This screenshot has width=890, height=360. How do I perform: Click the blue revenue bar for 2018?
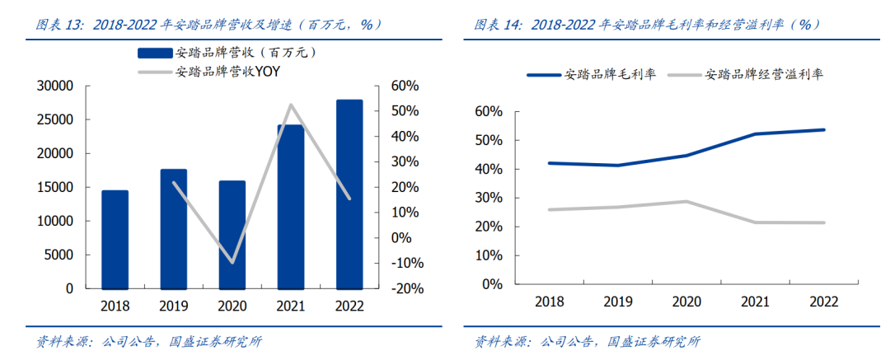click(x=115, y=240)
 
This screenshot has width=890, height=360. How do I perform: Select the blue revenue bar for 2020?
click(x=232, y=235)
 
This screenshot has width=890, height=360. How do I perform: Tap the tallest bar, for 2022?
click(x=349, y=194)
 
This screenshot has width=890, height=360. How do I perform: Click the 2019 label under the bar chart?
click(x=173, y=306)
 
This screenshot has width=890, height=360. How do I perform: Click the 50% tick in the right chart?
click(x=489, y=140)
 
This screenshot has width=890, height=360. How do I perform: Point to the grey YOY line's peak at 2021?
click(x=291, y=105)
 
